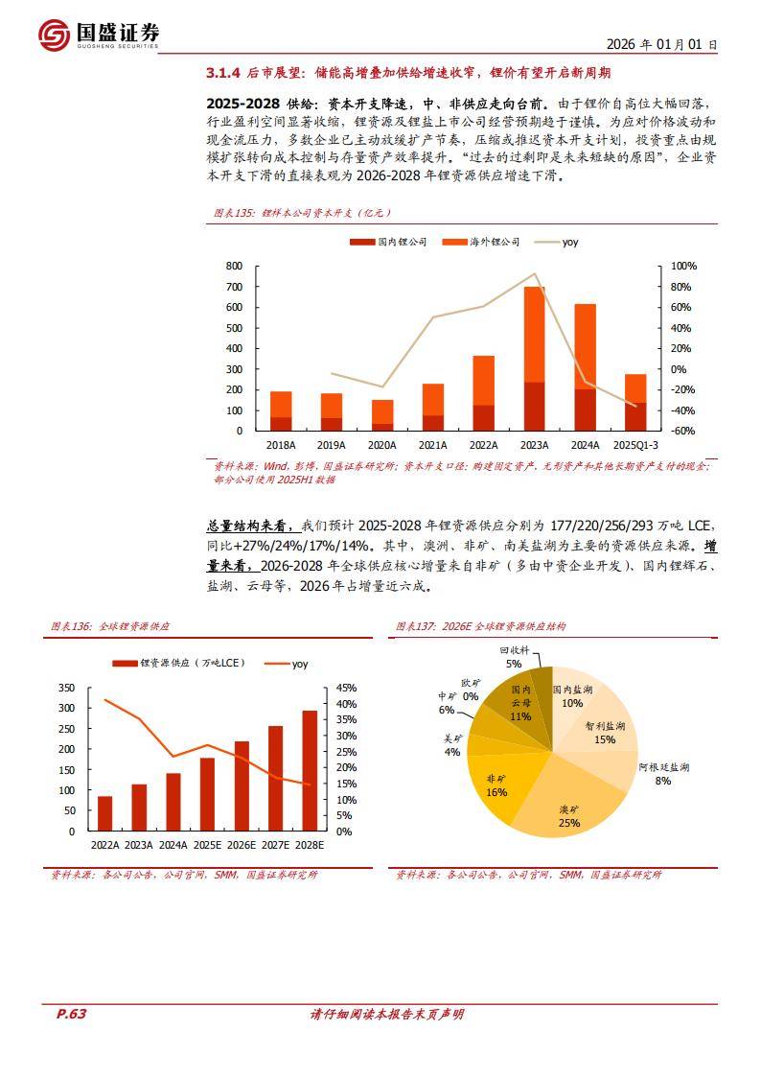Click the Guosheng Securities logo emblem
click(x=56, y=35)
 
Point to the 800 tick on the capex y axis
click(x=234, y=266)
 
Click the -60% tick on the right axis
click(x=681, y=431)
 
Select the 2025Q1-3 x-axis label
click(x=634, y=445)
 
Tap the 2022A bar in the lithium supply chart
click(x=104, y=813)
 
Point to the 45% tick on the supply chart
click(x=345, y=688)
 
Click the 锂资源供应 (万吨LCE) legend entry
click(x=178, y=663)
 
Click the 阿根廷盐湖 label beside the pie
click(x=663, y=768)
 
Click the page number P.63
click(x=65, y=1015)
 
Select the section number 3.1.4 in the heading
click(x=222, y=73)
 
